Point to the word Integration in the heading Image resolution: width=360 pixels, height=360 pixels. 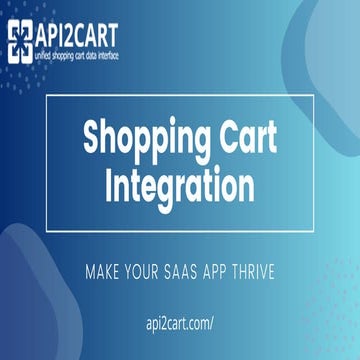[x=180, y=185]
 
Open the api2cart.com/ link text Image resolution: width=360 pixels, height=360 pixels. [x=180, y=324]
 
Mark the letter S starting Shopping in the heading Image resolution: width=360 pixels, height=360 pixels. [x=92, y=138]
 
